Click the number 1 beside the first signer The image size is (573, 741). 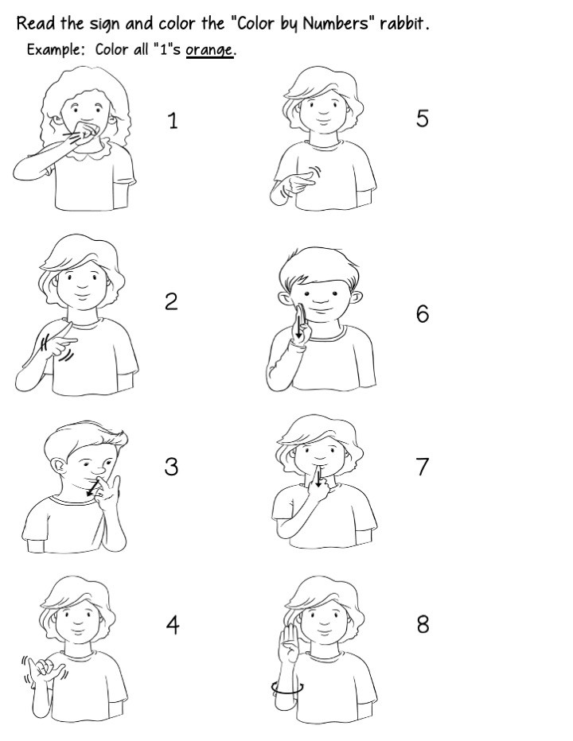point(173,121)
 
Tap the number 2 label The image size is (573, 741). point(171,302)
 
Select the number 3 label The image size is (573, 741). point(171,467)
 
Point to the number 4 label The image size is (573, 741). point(172,625)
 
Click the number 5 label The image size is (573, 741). point(422,118)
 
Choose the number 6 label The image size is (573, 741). point(422,314)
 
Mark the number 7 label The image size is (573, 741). point(422,467)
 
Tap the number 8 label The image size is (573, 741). point(422,625)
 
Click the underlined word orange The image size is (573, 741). point(209,50)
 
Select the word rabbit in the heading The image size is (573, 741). point(404,23)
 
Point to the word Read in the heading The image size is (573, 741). point(35,23)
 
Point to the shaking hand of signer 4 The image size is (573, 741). point(44,665)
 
